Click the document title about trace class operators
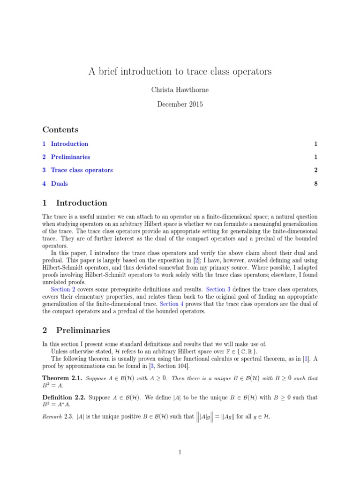tap(180, 72)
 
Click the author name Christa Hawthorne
tap(180, 90)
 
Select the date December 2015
tap(180, 104)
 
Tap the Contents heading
tap(60, 129)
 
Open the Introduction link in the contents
tap(69, 144)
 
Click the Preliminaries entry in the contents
tap(70, 157)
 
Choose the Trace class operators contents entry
tap(82, 170)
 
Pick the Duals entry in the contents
tap(59, 183)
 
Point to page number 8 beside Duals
tap(316, 183)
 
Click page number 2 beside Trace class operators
tap(316, 170)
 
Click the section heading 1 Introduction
tap(75, 203)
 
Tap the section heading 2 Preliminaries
tap(77, 330)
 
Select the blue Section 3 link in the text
tap(219, 290)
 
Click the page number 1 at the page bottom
tap(180, 452)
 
